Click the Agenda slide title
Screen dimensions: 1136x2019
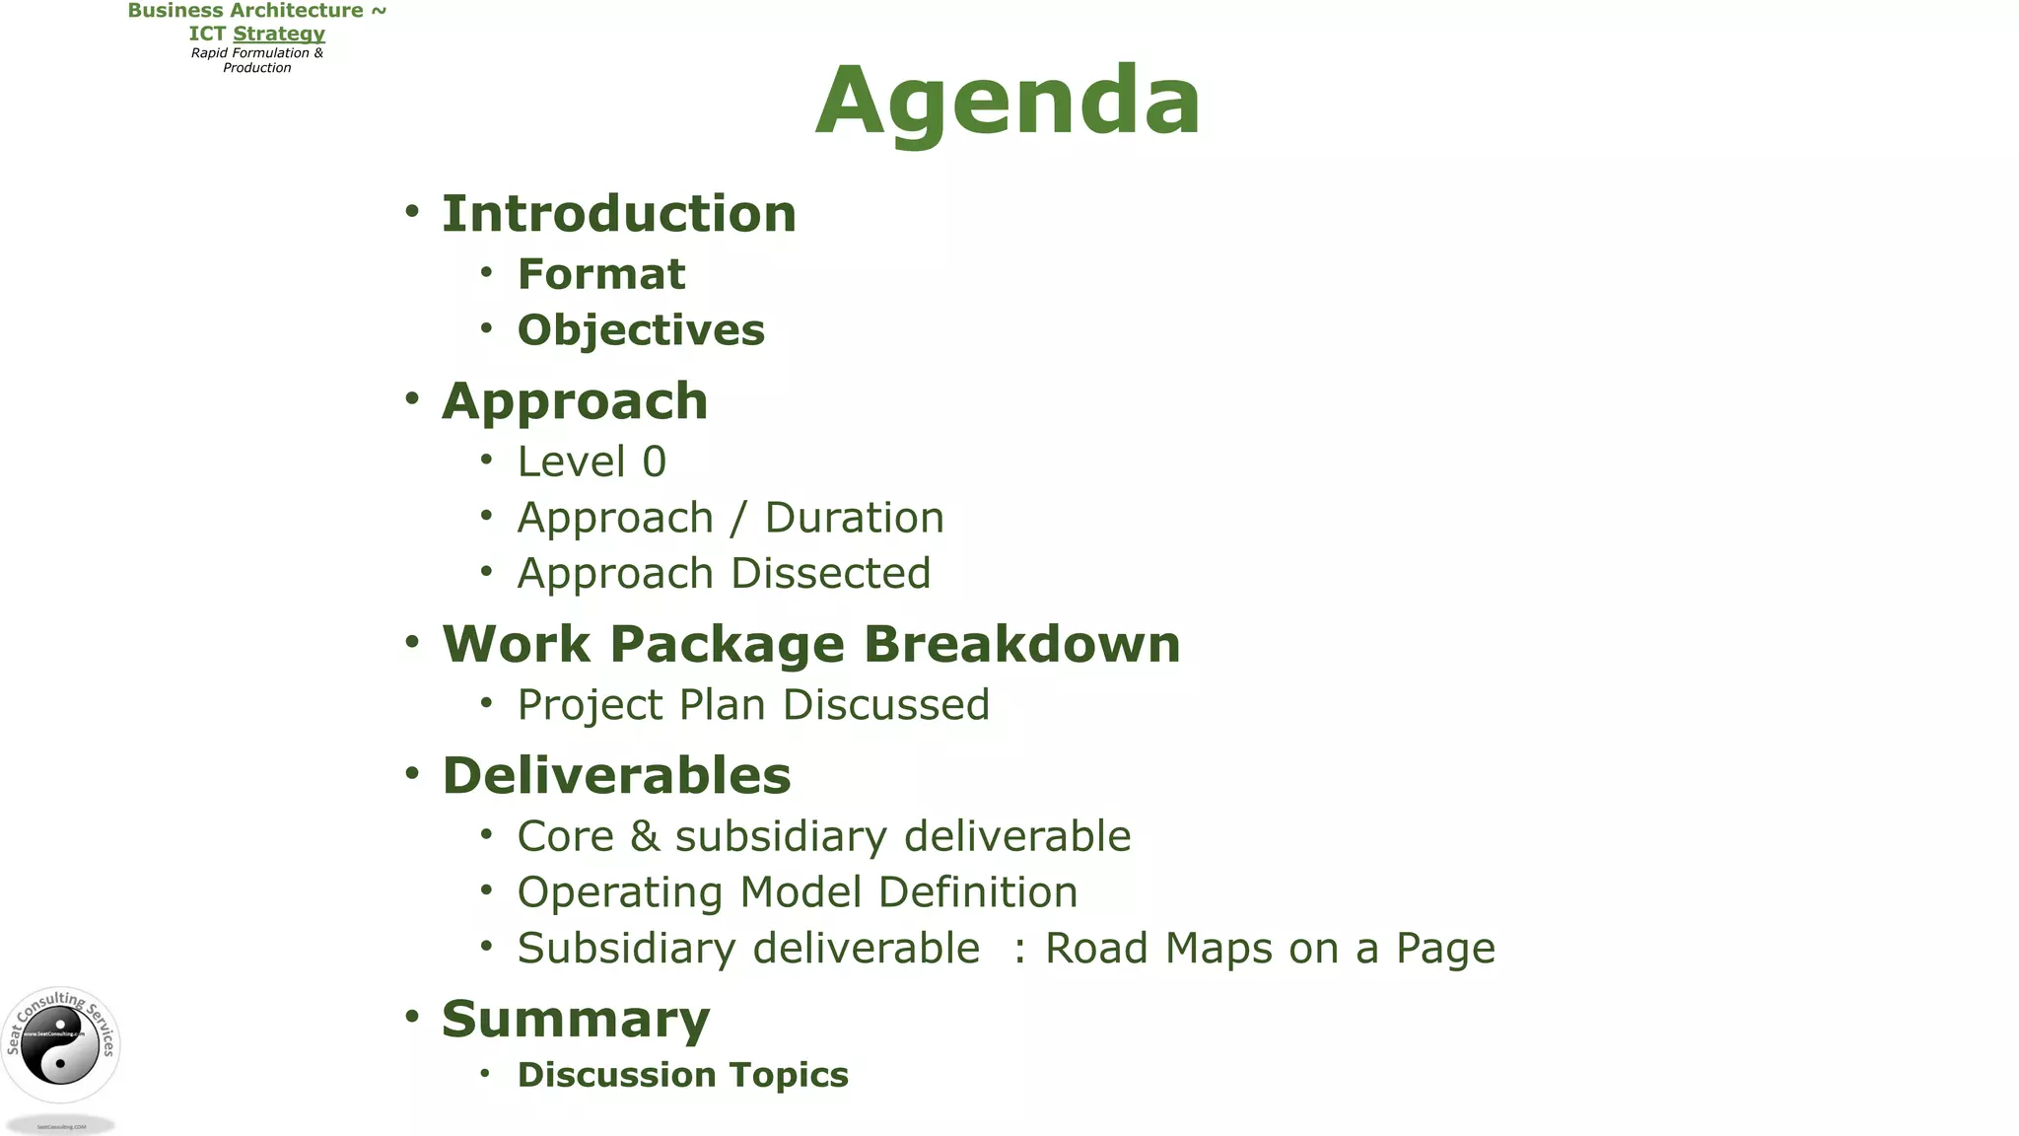(x=1008, y=101)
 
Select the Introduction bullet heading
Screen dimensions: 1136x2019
(x=618, y=214)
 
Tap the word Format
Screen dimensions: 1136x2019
(x=600, y=274)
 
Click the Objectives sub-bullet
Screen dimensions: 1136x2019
(x=641, y=330)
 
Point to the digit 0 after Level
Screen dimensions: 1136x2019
(x=655, y=461)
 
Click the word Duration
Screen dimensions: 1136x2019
(x=854, y=518)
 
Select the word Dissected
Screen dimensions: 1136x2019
(x=830, y=574)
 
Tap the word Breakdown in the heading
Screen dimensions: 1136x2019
(x=1021, y=644)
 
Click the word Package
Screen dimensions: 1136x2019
(x=727, y=646)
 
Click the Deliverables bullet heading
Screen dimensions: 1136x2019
(x=616, y=775)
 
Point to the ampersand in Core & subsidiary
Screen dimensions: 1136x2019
(x=645, y=836)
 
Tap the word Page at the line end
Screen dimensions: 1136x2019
(x=1444, y=950)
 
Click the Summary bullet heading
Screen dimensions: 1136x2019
(x=576, y=1020)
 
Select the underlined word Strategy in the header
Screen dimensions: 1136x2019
(x=279, y=34)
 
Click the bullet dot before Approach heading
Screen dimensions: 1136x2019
(x=412, y=399)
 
